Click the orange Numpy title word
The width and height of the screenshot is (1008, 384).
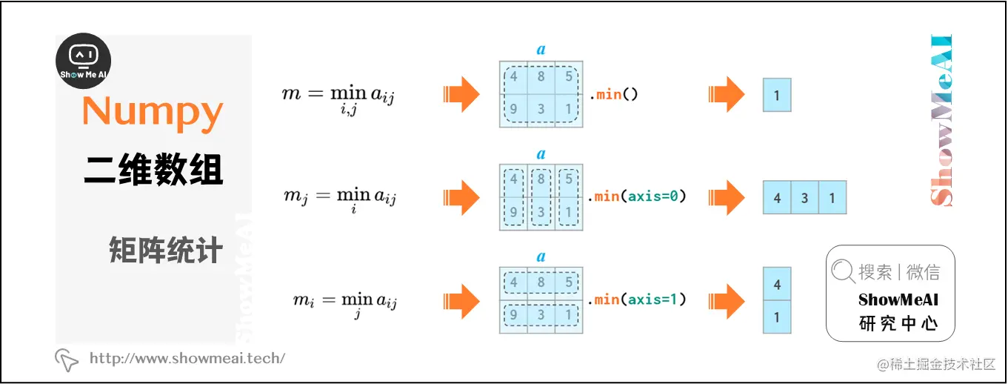point(153,113)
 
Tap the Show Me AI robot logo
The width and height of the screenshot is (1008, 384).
point(84,62)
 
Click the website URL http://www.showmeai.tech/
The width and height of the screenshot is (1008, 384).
point(187,359)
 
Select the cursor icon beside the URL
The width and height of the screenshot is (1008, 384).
point(67,360)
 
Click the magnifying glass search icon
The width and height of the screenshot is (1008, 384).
point(843,272)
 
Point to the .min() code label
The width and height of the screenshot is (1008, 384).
point(614,94)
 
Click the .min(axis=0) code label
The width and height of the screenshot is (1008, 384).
point(638,196)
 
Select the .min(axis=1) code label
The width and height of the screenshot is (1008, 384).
point(638,299)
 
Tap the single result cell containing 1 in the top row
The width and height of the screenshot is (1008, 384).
point(777,95)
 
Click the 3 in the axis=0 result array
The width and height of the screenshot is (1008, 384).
point(804,198)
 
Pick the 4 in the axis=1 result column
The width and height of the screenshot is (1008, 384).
point(777,284)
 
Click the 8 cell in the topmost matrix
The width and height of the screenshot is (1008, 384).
point(541,77)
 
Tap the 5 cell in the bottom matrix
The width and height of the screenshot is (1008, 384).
point(569,282)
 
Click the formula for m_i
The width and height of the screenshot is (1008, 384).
point(344,302)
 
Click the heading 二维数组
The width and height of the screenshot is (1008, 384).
point(153,171)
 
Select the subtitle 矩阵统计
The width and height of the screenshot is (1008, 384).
point(165,251)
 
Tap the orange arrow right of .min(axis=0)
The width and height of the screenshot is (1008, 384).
point(727,197)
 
